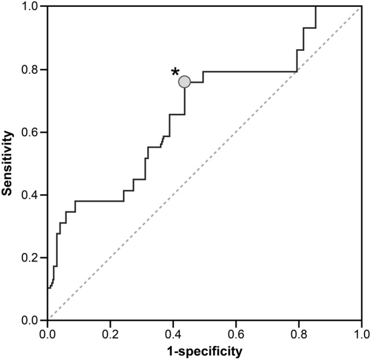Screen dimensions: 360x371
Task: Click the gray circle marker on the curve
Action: point(184,82)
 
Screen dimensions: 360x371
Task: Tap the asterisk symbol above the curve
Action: point(175,73)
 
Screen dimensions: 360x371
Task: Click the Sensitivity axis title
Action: point(8,163)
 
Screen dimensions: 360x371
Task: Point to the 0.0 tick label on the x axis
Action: point(48,333)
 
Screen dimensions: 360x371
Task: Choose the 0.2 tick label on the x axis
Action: point(110,333)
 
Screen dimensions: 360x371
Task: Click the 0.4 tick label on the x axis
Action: point(173,333)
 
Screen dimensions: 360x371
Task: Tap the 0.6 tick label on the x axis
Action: point(236,333)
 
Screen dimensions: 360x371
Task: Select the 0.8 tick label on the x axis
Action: point(299,333)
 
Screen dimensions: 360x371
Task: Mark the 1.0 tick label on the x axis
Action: point(361,333)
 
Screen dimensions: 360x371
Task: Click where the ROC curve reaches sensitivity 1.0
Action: point(316,7)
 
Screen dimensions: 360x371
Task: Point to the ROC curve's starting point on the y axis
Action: point(48,288)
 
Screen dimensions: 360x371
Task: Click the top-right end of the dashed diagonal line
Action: point(361,7)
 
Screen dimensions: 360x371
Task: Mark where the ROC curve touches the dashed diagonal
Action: point(296,72)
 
